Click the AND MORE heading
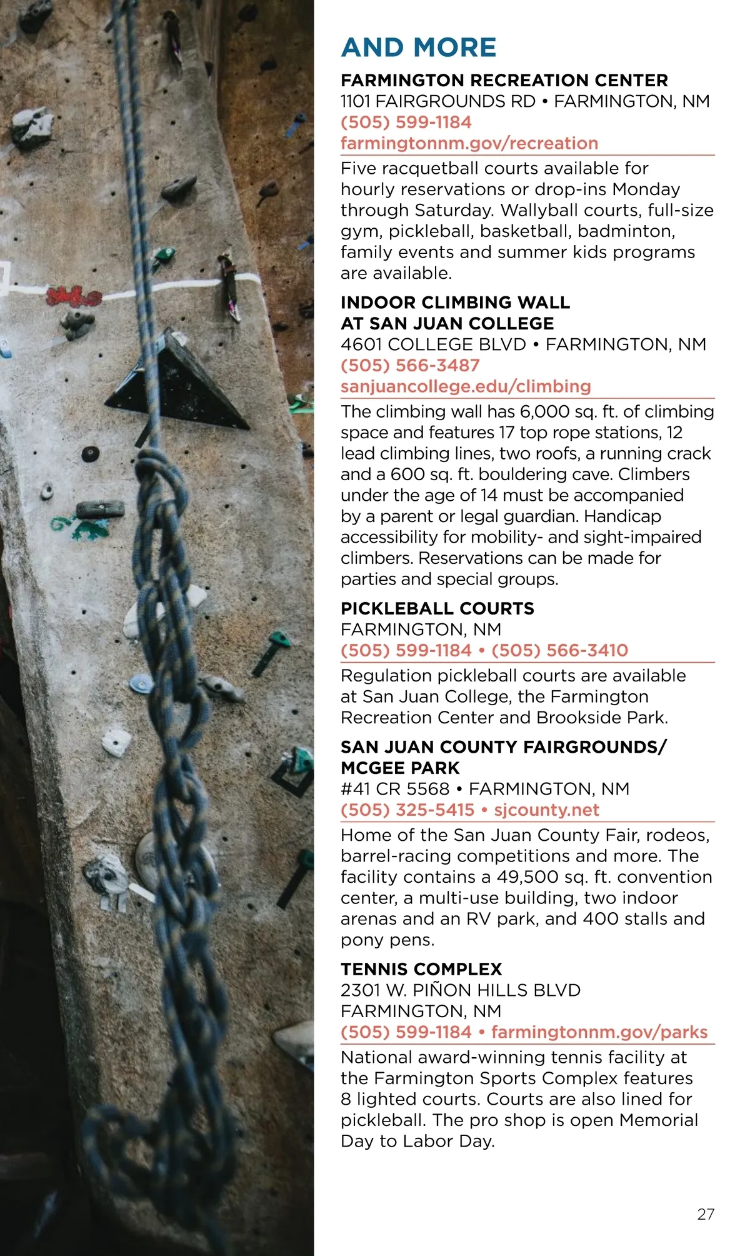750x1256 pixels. coord(418,48)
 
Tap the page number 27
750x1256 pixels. coord(706,1214)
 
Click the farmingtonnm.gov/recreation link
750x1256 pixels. coord(469,143)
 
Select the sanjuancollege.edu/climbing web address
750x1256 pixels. coord(466,386)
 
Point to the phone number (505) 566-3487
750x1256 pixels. coord(410,366)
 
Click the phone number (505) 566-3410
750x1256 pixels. coord(559,650)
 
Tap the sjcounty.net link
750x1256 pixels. coord(546,810)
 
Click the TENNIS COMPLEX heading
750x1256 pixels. coord(421,969)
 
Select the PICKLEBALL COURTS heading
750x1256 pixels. coord(437,608)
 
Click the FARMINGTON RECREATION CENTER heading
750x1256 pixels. coord(504,81)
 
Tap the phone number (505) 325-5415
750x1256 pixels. coord(407,810)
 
